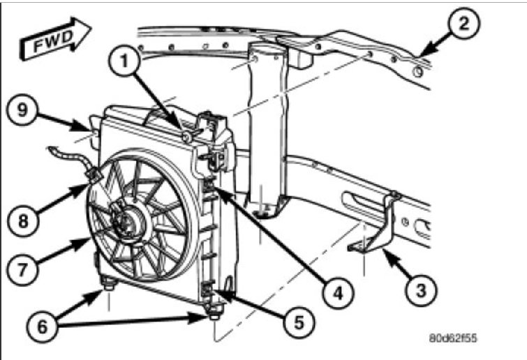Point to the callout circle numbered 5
(295, 323)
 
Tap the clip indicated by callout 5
(208, 287)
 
